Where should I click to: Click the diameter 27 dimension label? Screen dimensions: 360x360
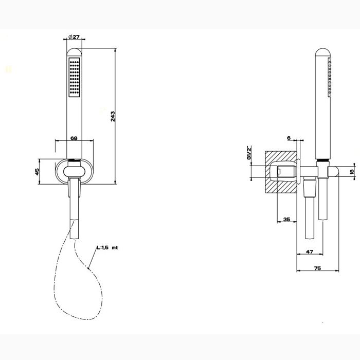[x=75, y=37]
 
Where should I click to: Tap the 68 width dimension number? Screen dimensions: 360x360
[x=74, y=137]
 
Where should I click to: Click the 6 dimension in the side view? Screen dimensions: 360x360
[x=289, y=138]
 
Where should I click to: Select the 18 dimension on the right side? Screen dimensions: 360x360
[x=352, y=172]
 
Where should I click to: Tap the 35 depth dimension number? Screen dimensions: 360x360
[x=286, y=220]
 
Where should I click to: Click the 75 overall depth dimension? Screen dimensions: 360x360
[x=317, y=268]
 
